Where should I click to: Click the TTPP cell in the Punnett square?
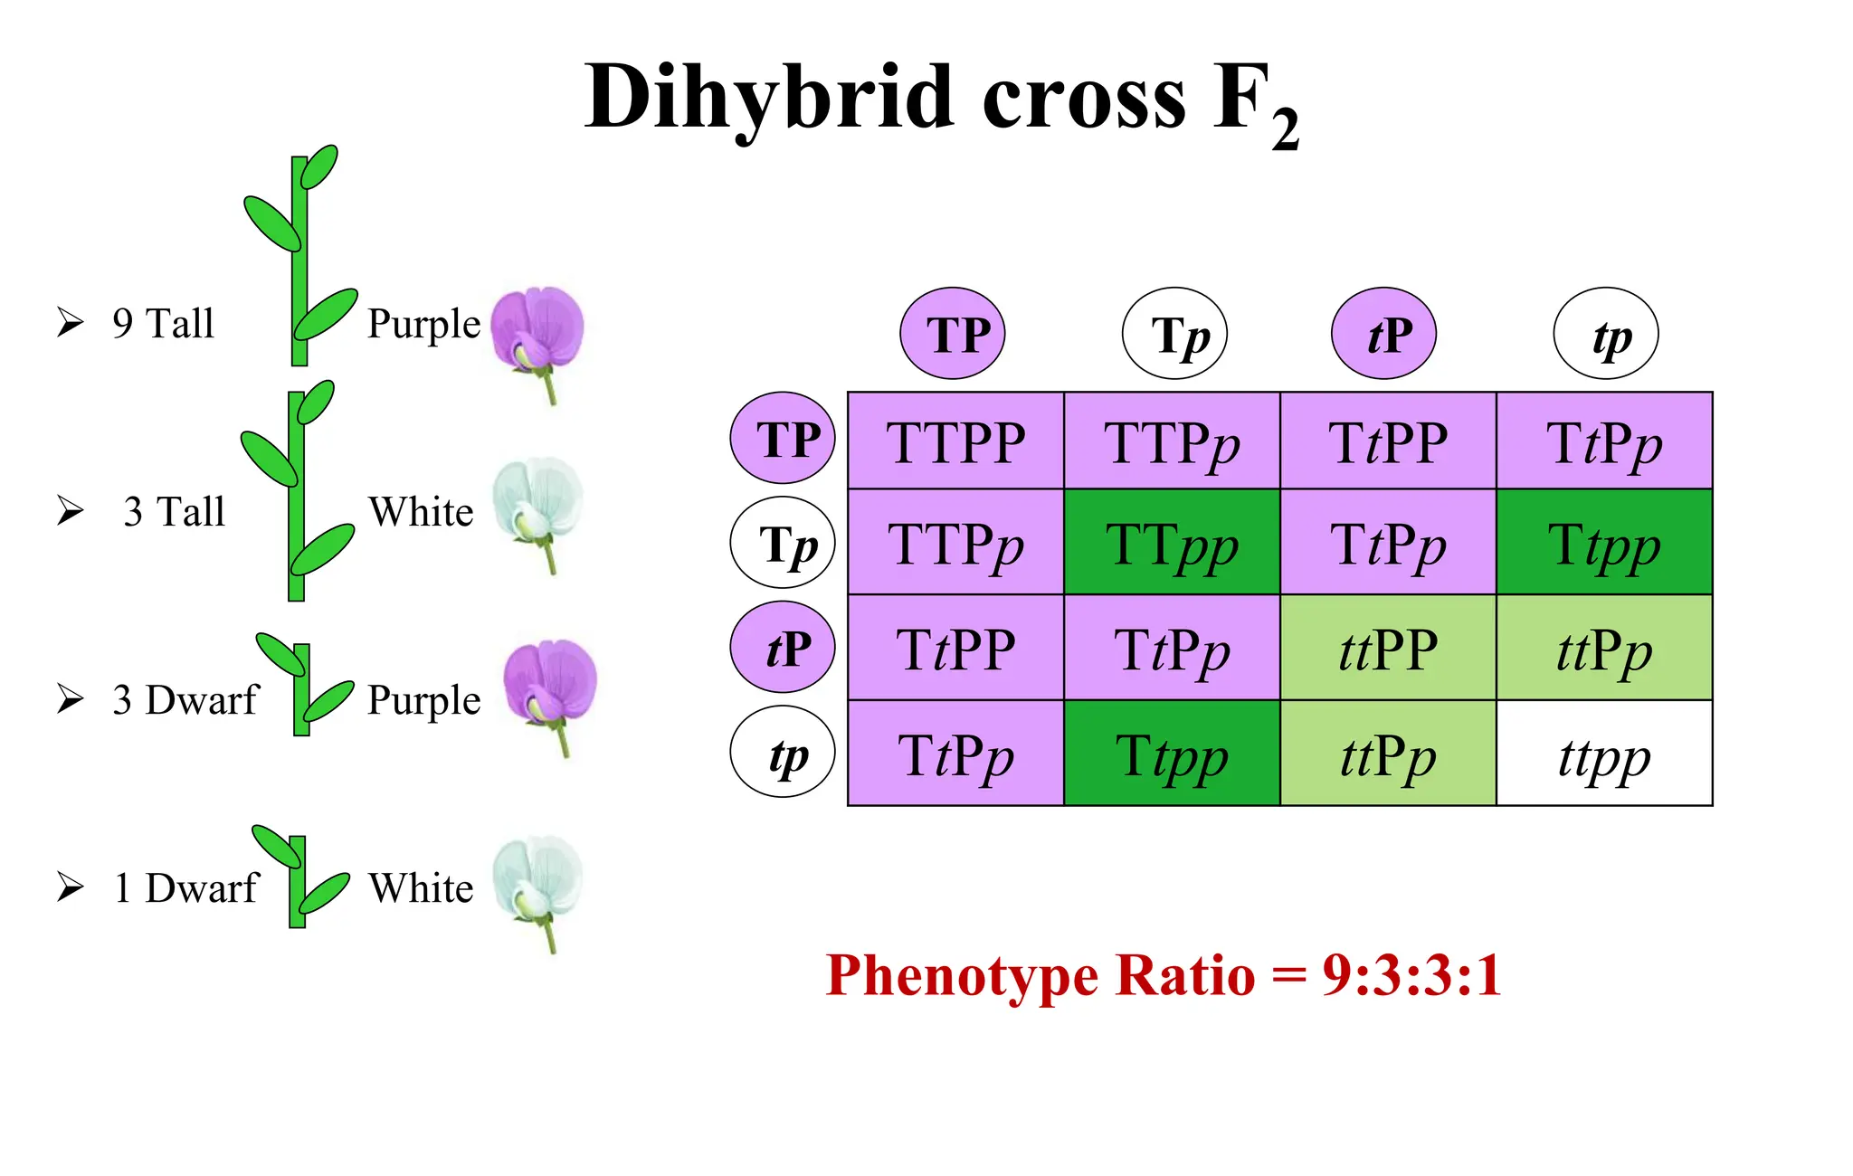[x=955, y=442]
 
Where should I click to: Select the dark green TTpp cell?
[x=1172, y=545]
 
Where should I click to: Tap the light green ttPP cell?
[x=1388, y=650]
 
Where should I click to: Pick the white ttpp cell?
[x=1604, y=755]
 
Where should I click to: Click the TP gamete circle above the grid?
[x=952, y=334]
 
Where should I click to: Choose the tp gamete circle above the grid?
[x=1606, y=334]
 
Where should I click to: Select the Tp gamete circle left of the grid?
[x=783, y=544]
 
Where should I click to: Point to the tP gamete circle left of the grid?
[x=783, y=648]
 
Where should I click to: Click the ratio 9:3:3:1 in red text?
[x=1411, y=975]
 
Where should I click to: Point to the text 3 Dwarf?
[x=185, y=700]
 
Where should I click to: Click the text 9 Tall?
[x=164, y=324]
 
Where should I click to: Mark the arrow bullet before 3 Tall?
[x=71, y=510]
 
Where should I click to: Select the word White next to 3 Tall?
[x=421, y=512]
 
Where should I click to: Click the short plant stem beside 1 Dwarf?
[x=298, y=882]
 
